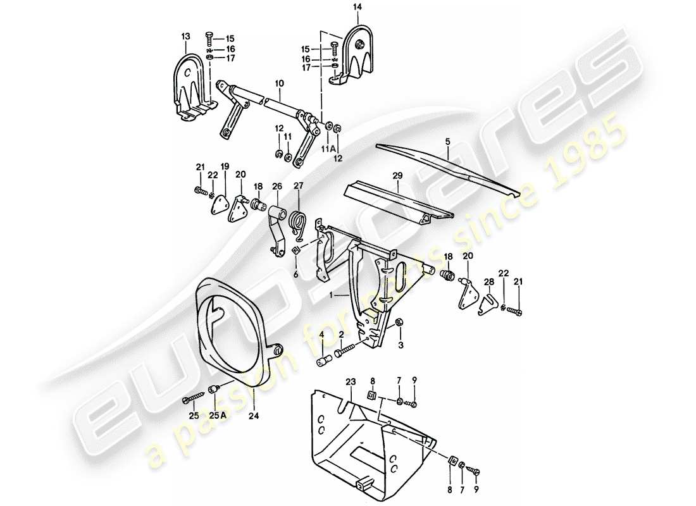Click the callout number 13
pos(185,38)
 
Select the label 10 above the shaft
pos(280,83)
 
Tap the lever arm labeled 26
pos(275,234)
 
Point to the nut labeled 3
pos(399,325)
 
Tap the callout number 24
pos(254,416)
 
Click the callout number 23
pos(351,381)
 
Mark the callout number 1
pos(330,295)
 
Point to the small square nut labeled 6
pos(295,253)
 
